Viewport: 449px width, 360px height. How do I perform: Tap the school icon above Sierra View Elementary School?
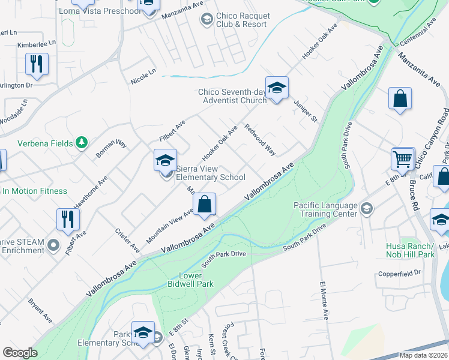165,161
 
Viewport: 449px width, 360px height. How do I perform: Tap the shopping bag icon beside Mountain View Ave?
205,204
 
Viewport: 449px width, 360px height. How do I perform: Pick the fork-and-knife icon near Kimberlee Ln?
37,64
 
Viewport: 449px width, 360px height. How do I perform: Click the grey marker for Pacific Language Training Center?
367,209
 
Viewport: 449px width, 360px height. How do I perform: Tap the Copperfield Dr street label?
400,274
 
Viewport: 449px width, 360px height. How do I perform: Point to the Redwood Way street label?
260,140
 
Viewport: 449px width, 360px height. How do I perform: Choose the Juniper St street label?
306,111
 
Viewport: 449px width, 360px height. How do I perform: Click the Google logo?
20,353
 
